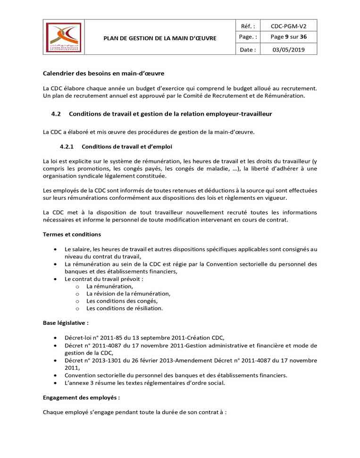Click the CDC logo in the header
[x=63, y=37]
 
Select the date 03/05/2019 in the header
[x=288, y=50]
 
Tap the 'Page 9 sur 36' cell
[x=288, y=37]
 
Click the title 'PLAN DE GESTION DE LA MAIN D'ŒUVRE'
[x=160, y=38]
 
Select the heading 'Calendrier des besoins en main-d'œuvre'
[x=103, y=74]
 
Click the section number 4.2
[x=56, y=114]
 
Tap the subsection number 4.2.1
[x=67, y=146]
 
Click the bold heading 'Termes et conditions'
[x=72, y=234]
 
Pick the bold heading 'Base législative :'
[x=66, y=323]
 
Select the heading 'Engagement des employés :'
[x=81, y=398]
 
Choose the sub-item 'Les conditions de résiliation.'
[x=125, y=308]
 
